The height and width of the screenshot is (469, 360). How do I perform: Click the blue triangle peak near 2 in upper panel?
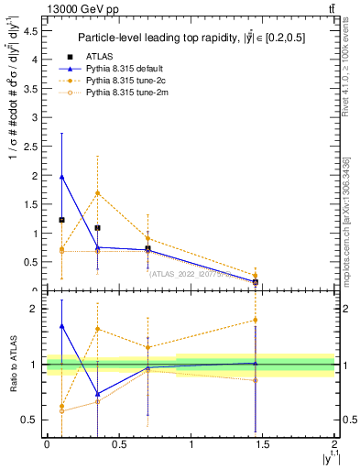(x=61, y=177)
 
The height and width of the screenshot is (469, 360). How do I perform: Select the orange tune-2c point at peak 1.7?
(x=97, y=192)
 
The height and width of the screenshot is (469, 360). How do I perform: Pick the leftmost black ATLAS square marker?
(x=61, y=220)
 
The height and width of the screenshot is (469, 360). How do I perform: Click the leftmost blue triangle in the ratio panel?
(x=61, y=326)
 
